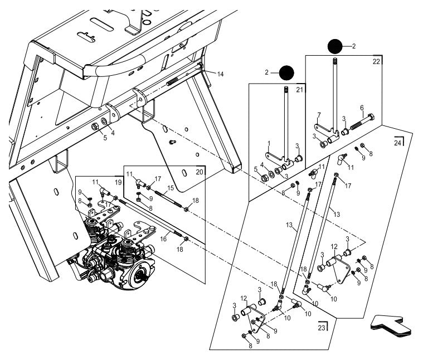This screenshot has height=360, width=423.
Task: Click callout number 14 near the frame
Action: pos(206,74)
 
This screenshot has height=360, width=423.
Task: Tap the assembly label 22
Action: pos(376,61)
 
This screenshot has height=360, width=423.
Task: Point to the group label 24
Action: pos(397,142)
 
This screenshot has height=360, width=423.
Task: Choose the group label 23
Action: pos(322,327)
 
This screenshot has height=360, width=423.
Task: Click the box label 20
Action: pos(199,172)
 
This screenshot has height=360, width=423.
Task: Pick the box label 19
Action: pos(118,182)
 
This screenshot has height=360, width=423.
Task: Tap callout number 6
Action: pos(362,108)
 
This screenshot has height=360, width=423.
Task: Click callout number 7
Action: pos(319,115)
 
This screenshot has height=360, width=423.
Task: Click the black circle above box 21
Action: pos(286,72)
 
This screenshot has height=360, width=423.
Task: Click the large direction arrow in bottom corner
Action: pos(392,325)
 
